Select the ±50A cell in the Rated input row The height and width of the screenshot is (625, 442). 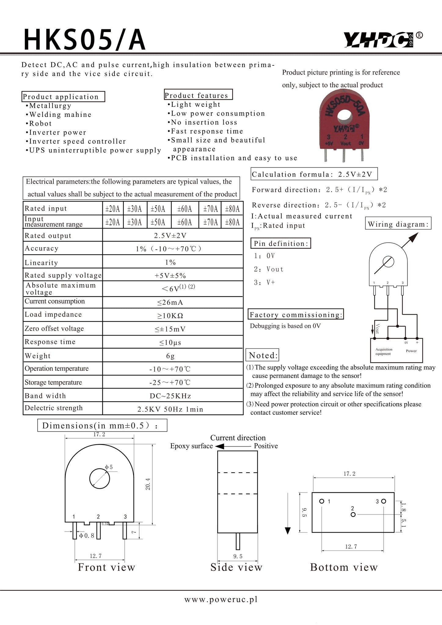158,209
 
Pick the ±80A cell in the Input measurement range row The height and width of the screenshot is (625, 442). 232,222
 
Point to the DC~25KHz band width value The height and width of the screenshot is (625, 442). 170,396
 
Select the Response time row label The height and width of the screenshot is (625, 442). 50,342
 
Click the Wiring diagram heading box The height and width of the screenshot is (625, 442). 398,224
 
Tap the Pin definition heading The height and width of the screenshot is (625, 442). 281,244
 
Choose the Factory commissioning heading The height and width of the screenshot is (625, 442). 296,315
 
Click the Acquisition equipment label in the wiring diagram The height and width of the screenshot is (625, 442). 384,352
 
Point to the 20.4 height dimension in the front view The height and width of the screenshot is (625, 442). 148,484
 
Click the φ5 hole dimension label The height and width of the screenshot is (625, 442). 108,467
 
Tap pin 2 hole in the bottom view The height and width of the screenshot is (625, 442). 353,515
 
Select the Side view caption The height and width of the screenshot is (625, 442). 236,567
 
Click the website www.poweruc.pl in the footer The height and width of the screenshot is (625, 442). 221,599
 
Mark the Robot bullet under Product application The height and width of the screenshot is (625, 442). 40,124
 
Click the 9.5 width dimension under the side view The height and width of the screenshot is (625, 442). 238,556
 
